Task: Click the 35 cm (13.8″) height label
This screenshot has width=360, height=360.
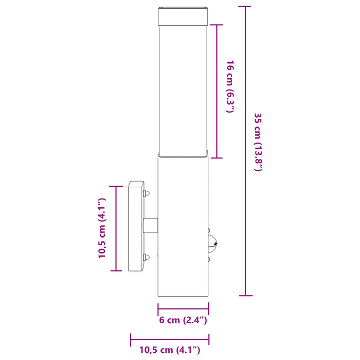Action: click(x=258, y=142)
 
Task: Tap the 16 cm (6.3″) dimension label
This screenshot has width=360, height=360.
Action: click(x=230, y=86)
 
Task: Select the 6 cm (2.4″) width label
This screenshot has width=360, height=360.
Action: click(x=183, y=320)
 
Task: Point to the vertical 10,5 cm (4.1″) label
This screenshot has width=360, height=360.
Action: click(x=102, y=228)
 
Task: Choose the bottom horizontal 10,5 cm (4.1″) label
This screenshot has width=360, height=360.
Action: click(x=170, y=350)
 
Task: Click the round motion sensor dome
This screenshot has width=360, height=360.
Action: click(x=212, y=244)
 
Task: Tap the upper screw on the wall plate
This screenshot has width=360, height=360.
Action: click(x=146, y=193)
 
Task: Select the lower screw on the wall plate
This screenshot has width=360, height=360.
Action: click(x=146, y=257)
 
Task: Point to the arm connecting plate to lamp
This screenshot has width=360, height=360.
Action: click(x=150, y=225)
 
